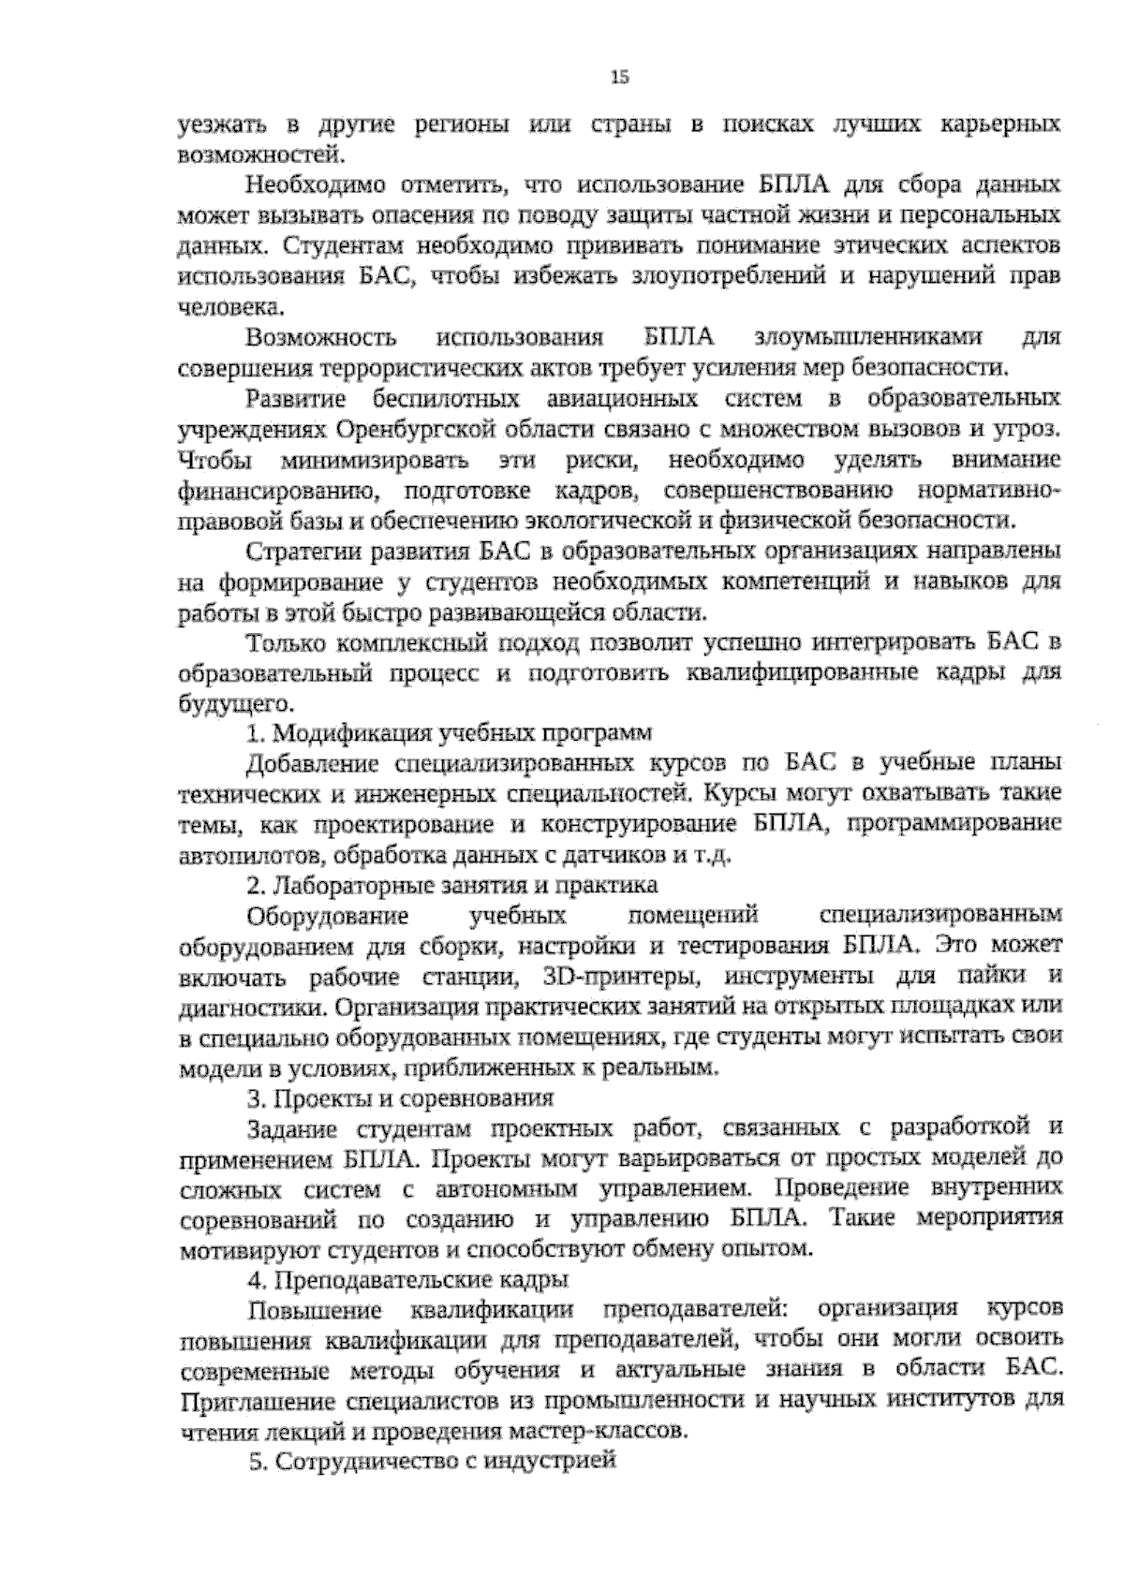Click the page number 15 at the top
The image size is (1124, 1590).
[619, 78]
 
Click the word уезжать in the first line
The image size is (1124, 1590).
[220, 125]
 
